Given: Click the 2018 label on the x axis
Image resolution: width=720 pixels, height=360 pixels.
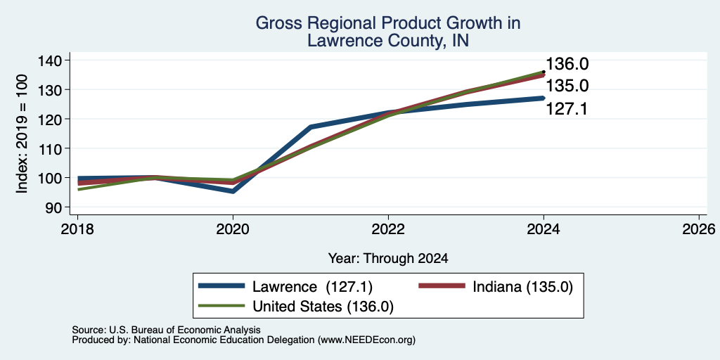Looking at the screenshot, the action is click(x=77, y=229).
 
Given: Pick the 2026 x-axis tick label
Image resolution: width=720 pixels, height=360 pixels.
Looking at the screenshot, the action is click(x=699, y=229).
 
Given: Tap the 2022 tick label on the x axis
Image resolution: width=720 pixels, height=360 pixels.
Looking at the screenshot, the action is click(x=388, y=229).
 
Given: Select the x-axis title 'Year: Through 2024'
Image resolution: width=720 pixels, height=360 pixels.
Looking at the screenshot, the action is click(x=388, y=259).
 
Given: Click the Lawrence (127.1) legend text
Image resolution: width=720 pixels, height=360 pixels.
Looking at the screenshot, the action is click(x=312, y=287).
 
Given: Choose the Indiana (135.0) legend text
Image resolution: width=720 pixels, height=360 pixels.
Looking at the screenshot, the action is click(x=522, y=287).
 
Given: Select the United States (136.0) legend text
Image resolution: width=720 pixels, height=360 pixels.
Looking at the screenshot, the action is click(x=323, y=307).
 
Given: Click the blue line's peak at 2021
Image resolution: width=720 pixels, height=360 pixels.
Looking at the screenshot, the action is click(x=311, y=127).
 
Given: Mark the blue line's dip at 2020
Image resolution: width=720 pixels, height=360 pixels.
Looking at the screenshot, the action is click(x=233, y=191).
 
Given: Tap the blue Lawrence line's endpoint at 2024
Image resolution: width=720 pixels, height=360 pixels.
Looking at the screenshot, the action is click(x=544, y=98).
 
